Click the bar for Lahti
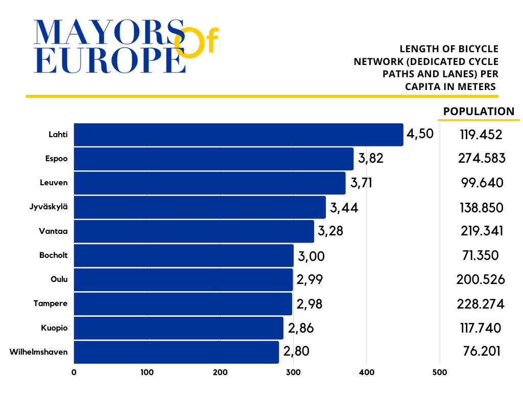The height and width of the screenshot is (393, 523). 239,135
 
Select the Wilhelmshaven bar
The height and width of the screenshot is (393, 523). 176,352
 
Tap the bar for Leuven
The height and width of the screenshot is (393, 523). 209,183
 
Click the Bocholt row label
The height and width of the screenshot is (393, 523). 53,255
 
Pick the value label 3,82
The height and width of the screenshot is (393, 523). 371,159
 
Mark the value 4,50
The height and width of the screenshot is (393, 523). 420,134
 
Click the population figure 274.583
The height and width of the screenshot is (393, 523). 482,158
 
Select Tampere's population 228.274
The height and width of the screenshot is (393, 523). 481,304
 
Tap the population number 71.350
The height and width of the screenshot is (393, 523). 481,255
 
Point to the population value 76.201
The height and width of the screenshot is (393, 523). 481,352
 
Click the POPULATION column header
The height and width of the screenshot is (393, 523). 479,112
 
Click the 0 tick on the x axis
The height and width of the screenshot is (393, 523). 74,373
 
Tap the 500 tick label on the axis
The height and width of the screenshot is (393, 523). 440,373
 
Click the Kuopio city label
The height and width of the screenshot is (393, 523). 54,327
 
